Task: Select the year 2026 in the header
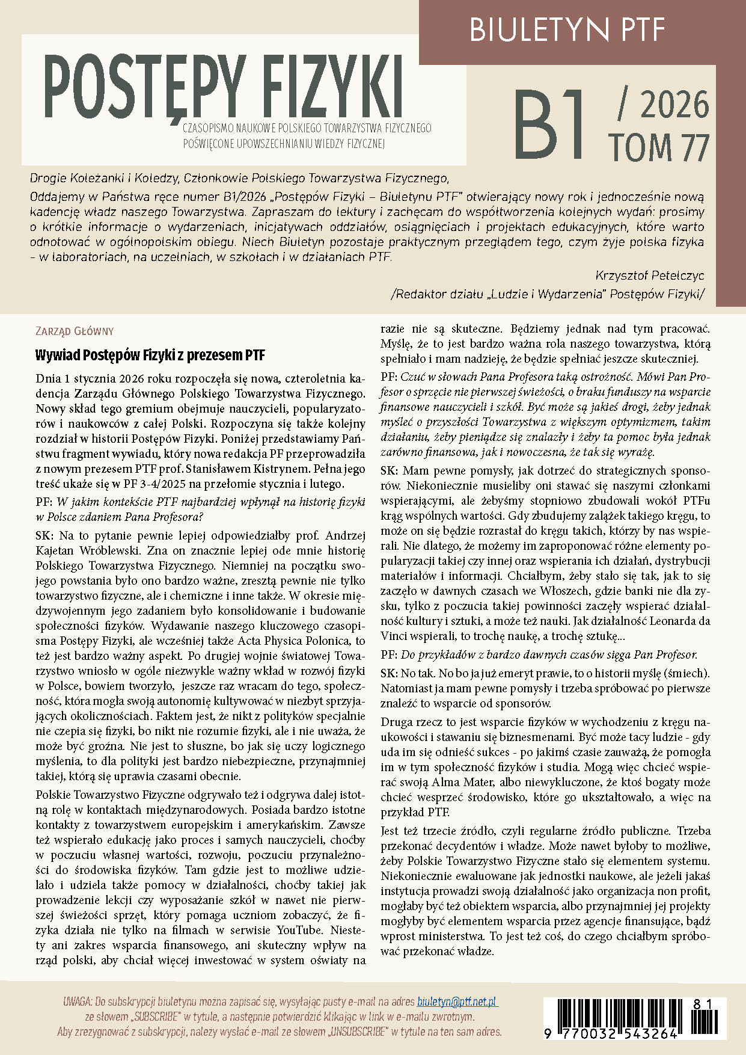674,105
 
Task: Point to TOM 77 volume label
658,147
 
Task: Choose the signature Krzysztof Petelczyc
649,275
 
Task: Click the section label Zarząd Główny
75,331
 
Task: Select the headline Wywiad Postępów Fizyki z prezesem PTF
150,355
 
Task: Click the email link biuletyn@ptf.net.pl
457,1001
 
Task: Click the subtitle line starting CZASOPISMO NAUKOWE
307,128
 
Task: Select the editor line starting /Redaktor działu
547,294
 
